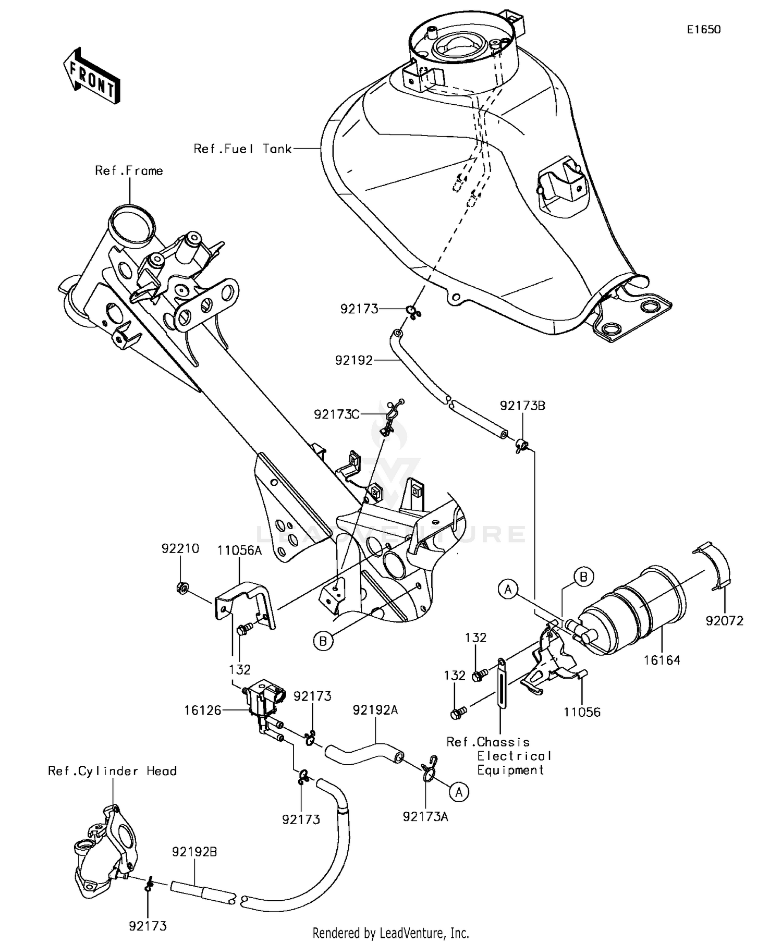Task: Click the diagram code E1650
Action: [703, 30]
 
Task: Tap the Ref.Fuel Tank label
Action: [242, 149]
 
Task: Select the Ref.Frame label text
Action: [129, 171]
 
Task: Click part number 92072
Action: [724, 621]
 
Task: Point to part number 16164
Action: [662, 660]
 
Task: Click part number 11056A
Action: [239, 550]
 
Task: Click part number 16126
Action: [202, 709]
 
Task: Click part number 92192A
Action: [375, 710]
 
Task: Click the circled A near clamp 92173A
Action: [459, 792]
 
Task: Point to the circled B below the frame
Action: [323, 641]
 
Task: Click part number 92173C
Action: [337, 414]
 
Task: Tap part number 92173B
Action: [522, 406]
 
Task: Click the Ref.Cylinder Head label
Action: [112, 771]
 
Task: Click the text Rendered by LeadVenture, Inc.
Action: [390, 932]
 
